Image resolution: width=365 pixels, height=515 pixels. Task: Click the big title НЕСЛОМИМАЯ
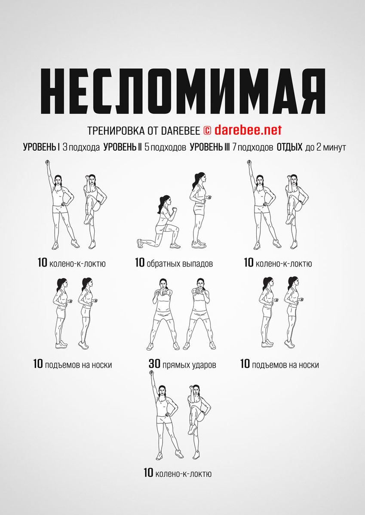point(182,90)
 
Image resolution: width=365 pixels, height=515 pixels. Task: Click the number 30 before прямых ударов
point(154,365)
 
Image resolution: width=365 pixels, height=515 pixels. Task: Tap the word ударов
point(202,365)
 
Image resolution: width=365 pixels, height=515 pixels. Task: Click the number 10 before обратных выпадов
point(139,263)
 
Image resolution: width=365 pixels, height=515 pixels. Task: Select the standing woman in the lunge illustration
point(198,210)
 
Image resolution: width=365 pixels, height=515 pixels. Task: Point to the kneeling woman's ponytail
point(163,202)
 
